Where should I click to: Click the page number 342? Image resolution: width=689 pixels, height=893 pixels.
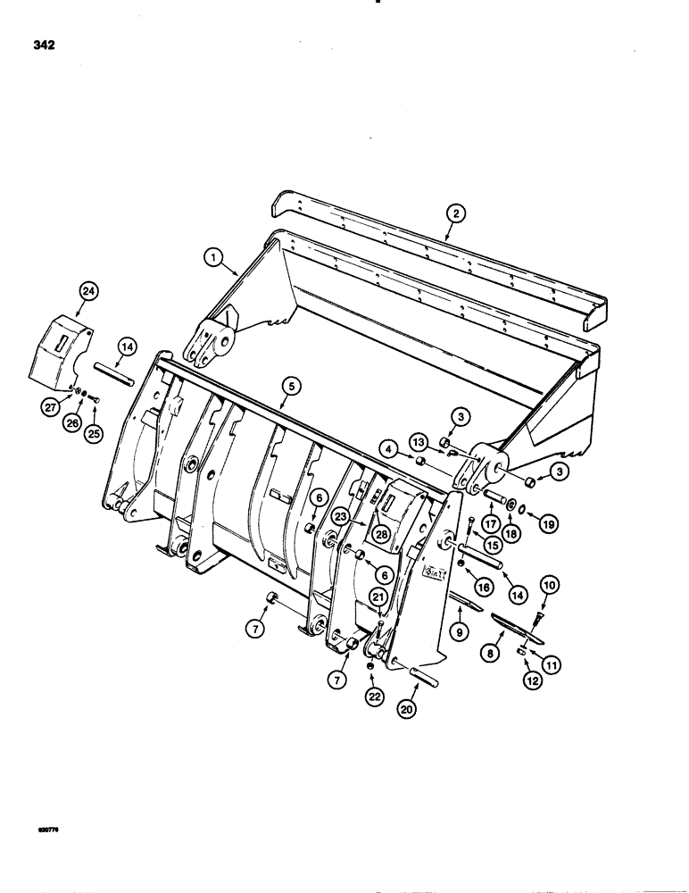42,46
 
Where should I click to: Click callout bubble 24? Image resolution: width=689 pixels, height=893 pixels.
87,291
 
